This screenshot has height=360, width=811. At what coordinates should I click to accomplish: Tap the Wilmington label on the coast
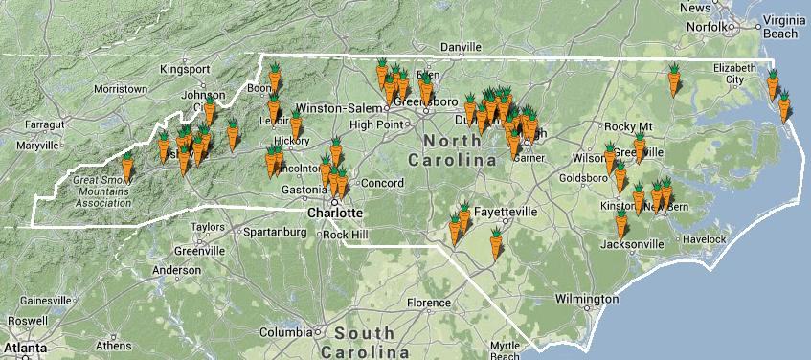[579, 300]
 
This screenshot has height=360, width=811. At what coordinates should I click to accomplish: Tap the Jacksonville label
[631, 244]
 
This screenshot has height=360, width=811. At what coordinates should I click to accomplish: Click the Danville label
[460, 46]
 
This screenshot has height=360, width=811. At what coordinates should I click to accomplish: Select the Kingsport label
[184, 69]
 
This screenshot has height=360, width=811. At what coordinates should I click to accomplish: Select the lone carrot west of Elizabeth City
[674, 79]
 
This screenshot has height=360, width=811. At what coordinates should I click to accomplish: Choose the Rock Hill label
[346, 235]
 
